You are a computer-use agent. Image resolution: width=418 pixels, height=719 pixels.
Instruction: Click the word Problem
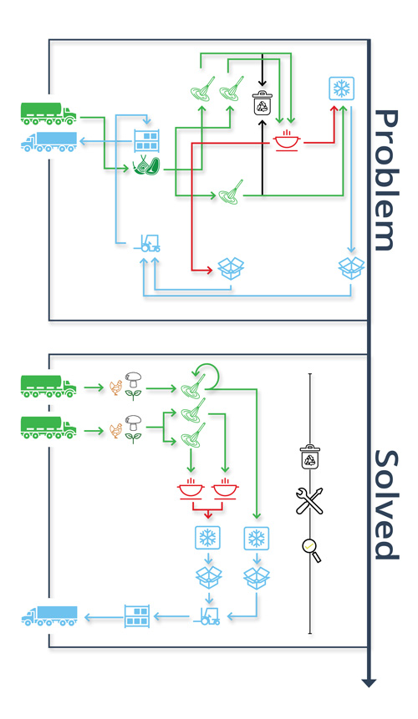click(x=385, y=180)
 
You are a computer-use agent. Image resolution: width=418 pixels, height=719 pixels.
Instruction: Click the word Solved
click(x=386, y=504)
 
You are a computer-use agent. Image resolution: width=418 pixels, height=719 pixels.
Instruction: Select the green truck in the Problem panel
click(x=48, y=114)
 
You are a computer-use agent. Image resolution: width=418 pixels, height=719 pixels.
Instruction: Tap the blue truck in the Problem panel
click(x=48, y=141)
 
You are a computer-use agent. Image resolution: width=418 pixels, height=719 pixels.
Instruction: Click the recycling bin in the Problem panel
click(x=263, y=103)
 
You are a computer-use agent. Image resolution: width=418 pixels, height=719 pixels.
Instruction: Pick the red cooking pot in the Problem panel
click(x=288, y=140)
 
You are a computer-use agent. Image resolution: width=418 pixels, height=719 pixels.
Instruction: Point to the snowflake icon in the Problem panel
click(x=342, y=89)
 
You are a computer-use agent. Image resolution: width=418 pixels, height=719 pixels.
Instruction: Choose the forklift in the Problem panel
click(x=147, y=243)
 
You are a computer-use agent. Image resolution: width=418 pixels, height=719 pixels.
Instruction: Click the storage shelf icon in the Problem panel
click(x=147, y=141)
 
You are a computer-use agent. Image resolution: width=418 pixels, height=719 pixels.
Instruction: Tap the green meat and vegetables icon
click(x=146, y=166)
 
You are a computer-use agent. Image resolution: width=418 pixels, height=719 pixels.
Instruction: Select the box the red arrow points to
click(x=231, y=268)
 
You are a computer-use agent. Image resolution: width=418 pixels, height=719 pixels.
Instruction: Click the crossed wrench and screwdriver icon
click(x=309, y=501)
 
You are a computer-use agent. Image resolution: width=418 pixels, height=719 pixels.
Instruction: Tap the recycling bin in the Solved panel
click(x=310, y=457)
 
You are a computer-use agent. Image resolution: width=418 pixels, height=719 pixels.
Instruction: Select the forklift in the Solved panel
click(x=207, y=616)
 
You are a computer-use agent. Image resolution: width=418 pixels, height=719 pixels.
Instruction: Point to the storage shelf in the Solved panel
click(x=137, y=615)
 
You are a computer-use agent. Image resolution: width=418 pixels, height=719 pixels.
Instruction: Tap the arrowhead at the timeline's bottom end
click(x=369, y=683)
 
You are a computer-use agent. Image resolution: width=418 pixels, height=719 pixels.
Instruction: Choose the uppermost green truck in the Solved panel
click(x=48, y=387)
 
